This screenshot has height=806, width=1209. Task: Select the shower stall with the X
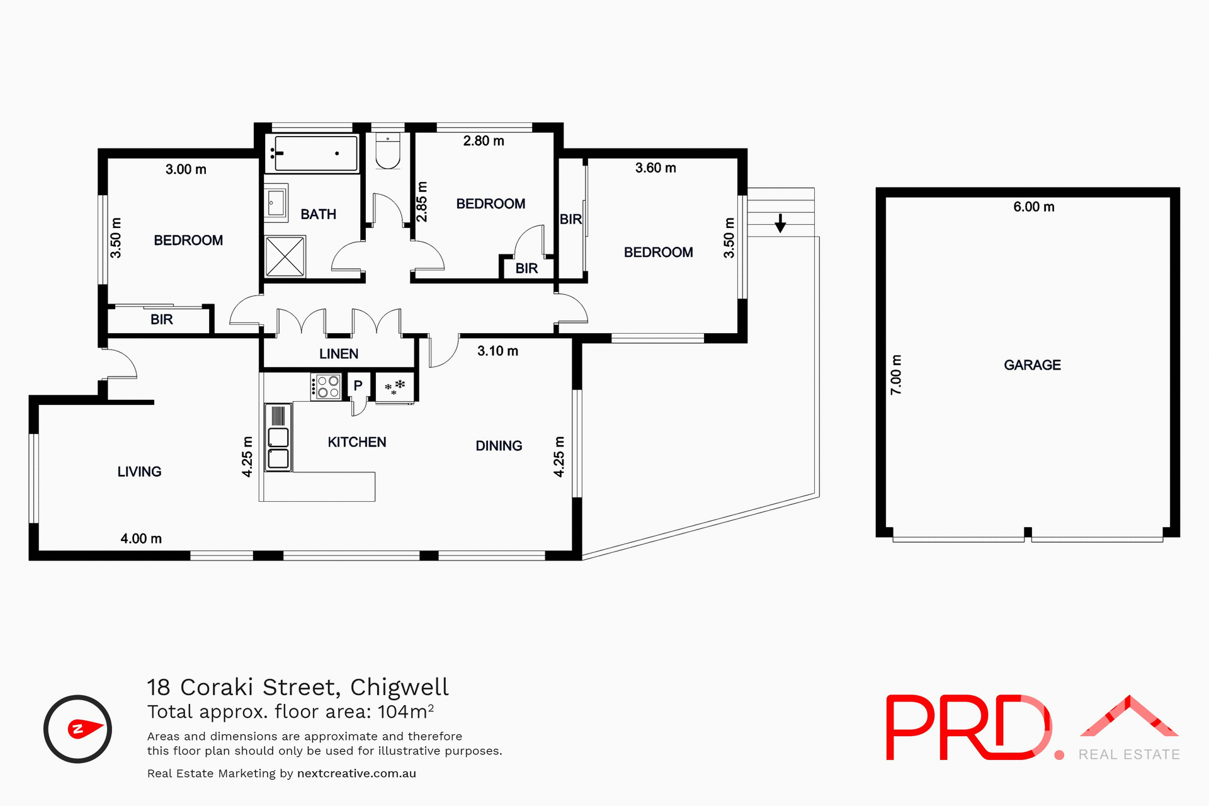tap(285, 256)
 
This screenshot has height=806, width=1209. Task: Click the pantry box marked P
tap(358, 385)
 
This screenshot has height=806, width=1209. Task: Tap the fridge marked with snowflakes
tap(395, 387)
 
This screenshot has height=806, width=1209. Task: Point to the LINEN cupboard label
tap(339, 354)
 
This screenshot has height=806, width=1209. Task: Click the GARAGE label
tap(1032, 365)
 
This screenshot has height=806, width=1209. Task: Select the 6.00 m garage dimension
tap(1033, 207)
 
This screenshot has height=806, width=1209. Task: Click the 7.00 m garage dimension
tap(896, 375)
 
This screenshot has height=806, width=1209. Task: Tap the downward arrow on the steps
tap(780, 223)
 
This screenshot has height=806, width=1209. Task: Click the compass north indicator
tap(78, 729)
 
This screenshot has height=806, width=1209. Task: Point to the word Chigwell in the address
tap(399, 687)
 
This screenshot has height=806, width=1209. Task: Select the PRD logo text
tap(968, 728)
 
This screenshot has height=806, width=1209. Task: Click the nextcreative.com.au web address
tap(356, 773)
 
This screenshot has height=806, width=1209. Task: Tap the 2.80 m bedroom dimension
tap(484, 141)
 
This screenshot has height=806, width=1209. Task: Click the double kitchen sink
tap(278, 448)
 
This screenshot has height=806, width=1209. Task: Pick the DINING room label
tap(499, 446)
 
